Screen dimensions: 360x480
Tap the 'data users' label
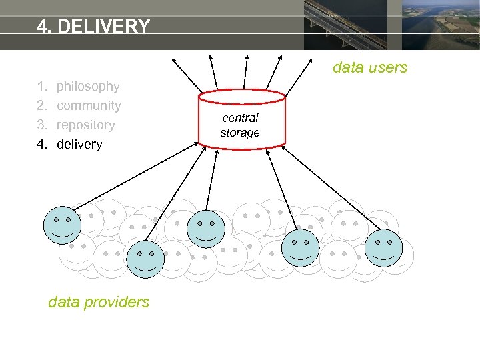pos(369,67)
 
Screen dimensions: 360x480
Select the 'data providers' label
pos(99,302)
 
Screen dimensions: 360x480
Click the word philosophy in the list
pos(88,86)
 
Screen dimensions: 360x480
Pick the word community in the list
pos(89,105)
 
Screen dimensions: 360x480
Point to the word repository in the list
pos(85,125)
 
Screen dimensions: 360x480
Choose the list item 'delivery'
pos(79,144)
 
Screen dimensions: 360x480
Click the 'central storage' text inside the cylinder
pos(240,125)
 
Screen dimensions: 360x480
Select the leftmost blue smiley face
pos(62,225)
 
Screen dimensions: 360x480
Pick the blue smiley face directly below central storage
pos(206,229)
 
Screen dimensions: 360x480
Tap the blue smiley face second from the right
pos(301,247)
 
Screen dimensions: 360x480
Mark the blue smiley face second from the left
pos(145,259)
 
